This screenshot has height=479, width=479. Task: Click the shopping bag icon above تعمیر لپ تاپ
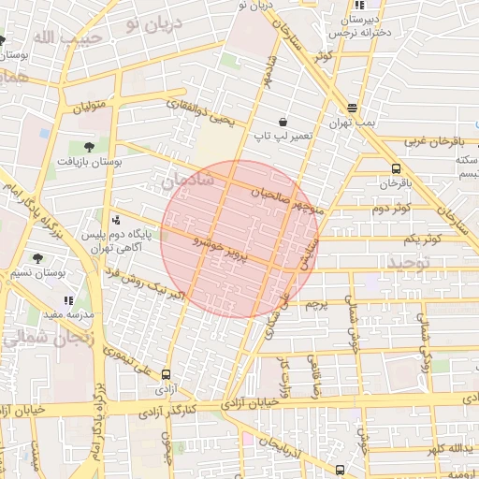pyautogui.click(x=283, y=122)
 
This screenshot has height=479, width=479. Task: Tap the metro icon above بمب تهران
pyautogui.click(x=352, y=108)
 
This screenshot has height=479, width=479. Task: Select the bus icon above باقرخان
pyautogui.click(x=396, y=168)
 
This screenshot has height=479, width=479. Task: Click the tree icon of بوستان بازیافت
pyautogui.click(x=89, y=146)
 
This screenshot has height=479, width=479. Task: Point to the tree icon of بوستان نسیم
pyautogui.click(x=37, y=257)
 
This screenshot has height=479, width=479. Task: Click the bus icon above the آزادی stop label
pyautogui.click(x=166, y=373)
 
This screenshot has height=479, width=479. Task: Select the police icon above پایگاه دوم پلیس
pyautogui.click(x=115, y=221)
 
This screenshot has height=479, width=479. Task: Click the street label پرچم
pyautogui.click(x=317, y=304)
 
